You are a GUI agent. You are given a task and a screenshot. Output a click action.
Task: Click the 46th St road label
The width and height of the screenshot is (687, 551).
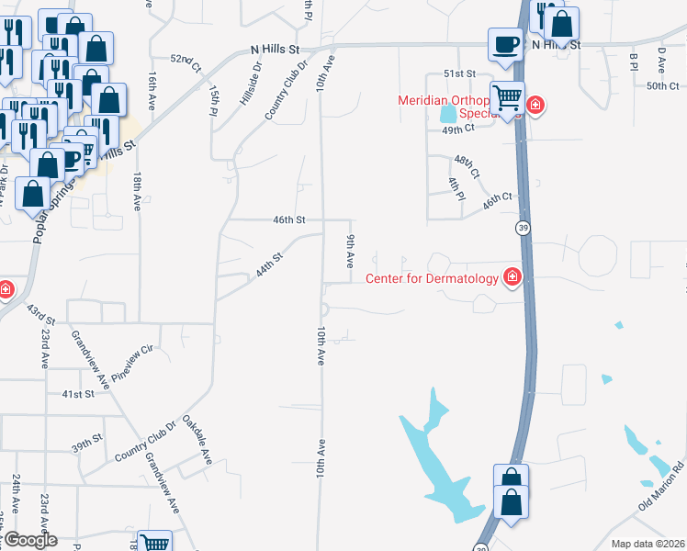point(287,219)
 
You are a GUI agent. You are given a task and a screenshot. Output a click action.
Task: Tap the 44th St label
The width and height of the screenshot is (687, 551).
point(268,266)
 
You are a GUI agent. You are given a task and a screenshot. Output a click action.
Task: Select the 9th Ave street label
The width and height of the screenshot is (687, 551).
point(350,251)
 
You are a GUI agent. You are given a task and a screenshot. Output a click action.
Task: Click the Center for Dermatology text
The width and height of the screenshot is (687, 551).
point(433,279)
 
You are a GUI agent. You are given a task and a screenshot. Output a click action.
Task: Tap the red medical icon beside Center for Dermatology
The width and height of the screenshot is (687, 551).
point(512,277)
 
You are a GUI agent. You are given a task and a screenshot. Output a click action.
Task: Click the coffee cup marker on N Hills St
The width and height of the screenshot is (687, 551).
point(505,46)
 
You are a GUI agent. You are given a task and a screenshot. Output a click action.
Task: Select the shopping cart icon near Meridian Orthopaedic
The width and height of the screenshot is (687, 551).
point(507,97)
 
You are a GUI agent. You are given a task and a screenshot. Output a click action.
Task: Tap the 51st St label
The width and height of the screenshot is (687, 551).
point(460,73)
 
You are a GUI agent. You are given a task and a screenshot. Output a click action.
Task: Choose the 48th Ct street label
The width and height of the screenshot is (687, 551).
point(467,166)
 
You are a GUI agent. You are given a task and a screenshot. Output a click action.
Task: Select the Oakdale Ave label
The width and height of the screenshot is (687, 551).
point(197,439)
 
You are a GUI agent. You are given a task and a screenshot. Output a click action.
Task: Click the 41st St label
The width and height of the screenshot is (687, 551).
point(78,393)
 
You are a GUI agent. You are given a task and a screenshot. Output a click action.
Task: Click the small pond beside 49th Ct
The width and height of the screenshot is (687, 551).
point(447,116)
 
